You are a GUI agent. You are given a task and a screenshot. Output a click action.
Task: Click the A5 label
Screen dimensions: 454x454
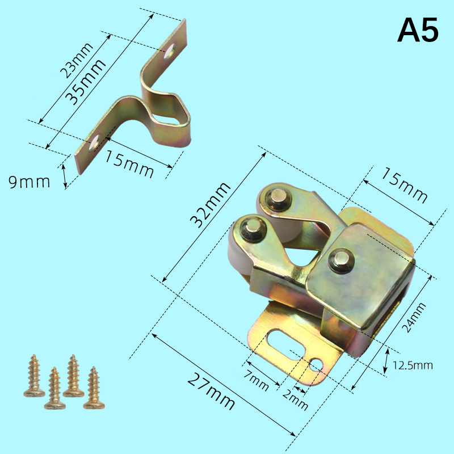(x=418, y=30)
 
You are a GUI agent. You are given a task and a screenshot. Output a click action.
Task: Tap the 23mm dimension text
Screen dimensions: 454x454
(x=77, y=61)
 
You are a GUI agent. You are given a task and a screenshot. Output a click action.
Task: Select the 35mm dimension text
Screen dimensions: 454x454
(x=85, y=82)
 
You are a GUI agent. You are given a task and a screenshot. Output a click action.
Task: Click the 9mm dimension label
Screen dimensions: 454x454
(x=29, y=182)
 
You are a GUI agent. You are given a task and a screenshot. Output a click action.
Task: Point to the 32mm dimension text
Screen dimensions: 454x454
(x=211, y=205)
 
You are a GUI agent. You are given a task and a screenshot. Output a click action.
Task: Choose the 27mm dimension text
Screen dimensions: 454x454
(x=211, y=391)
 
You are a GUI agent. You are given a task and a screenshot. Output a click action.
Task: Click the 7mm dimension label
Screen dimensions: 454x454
(x=257, y=380)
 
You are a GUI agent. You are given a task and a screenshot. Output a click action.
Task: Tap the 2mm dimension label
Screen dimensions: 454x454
(x=295, y=401)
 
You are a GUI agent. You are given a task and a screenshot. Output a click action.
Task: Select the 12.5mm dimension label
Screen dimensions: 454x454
(x=413, y=365)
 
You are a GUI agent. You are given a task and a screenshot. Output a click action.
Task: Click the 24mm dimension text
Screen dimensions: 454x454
(x=414, y=317)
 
